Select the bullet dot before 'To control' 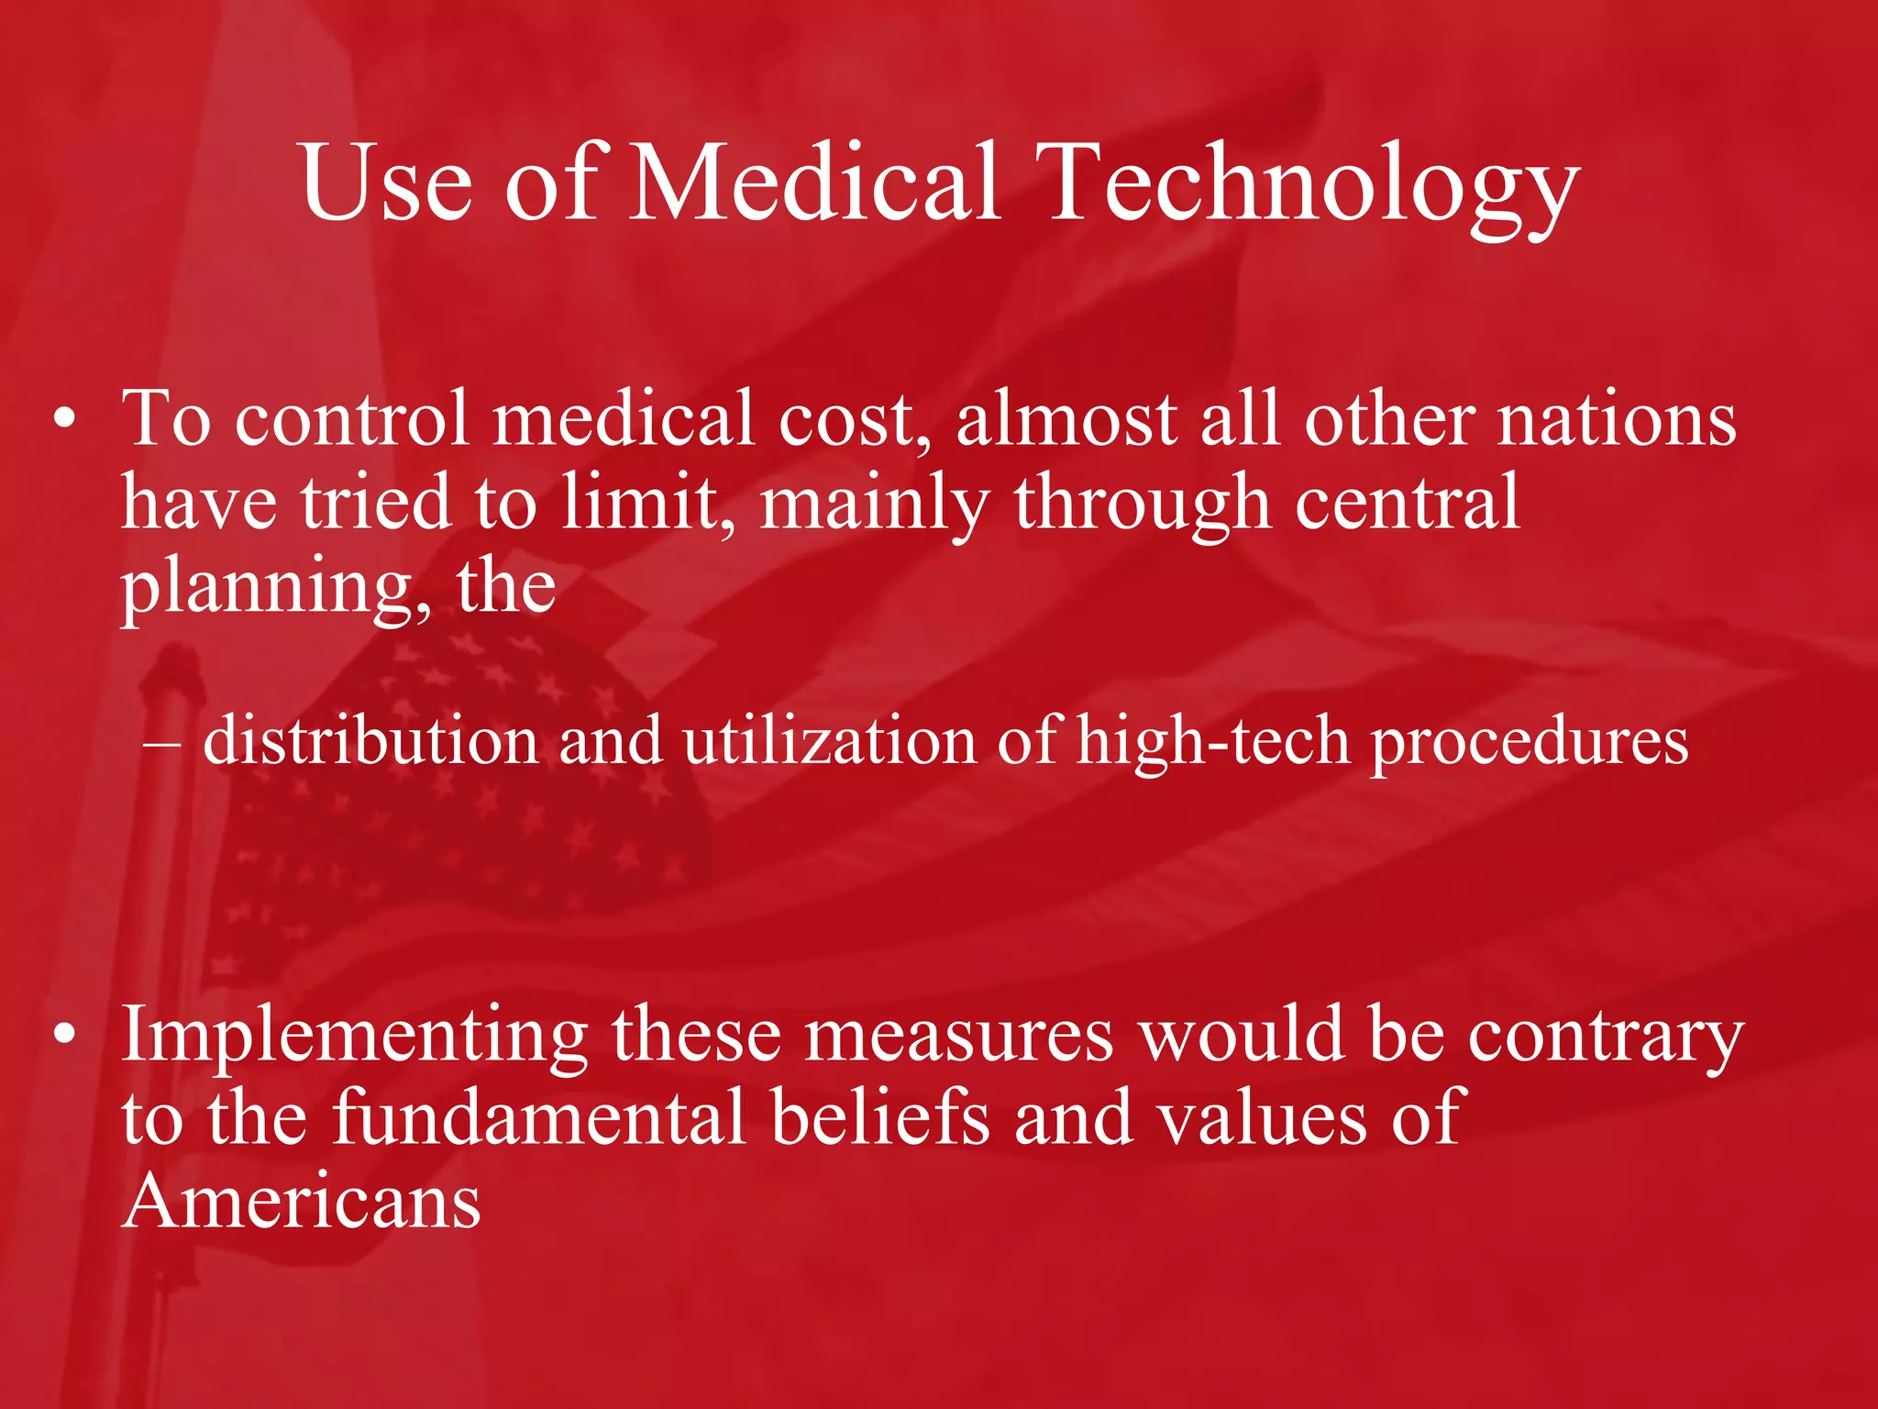(64, 420)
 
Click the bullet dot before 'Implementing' (64, 1035)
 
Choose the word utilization (829, 741)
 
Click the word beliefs (880, 1117)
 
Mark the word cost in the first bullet (853, 420)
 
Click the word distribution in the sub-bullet (370, 741)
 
